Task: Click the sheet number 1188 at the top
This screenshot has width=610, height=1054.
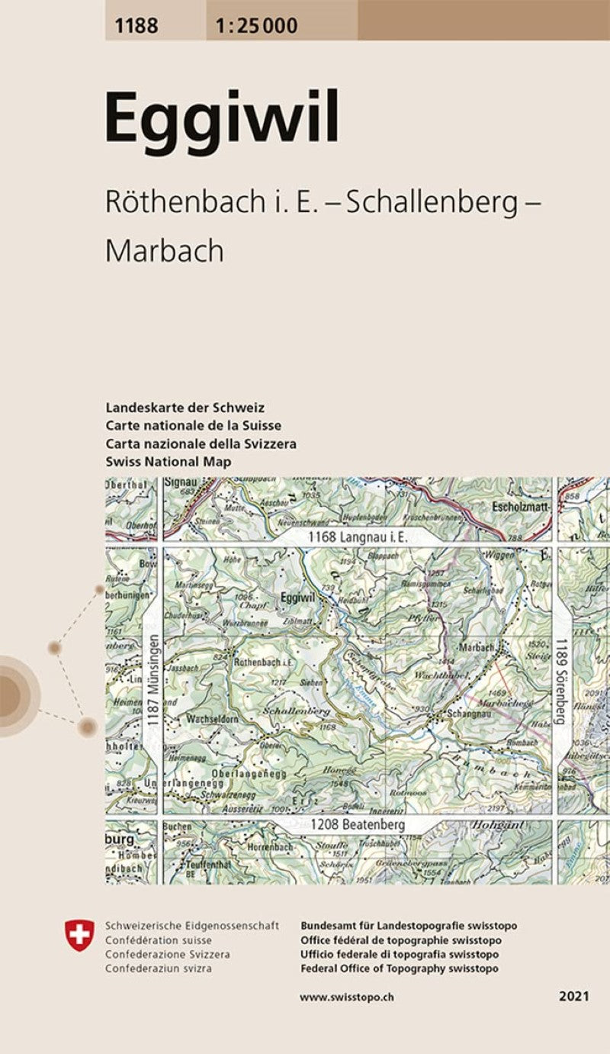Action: (x=137, y=26)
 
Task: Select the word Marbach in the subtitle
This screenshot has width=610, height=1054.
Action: (x=164, y=250)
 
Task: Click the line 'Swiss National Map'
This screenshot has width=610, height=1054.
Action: (x=169, y=462)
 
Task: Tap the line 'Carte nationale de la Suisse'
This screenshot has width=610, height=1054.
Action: (x=194, y=425)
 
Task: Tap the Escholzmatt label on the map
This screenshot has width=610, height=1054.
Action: (x=522, y=507)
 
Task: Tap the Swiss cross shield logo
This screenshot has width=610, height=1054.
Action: (x=80, y=935)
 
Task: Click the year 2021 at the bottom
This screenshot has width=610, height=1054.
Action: (x=573, y=997)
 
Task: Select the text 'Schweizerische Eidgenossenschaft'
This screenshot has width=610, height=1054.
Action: (x=192, y=926)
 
